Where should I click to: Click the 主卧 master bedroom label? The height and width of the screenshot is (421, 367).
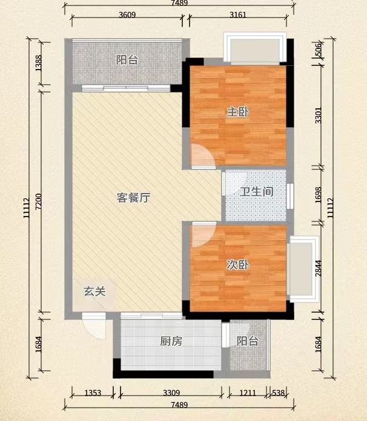coord(237,112)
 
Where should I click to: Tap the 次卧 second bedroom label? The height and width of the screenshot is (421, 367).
coord(237,265)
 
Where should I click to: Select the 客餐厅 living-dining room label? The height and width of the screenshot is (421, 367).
coord(133,198)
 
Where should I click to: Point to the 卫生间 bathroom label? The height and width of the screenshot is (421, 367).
coord(257,192)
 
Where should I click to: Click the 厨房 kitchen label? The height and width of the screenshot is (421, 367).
coord(171,341)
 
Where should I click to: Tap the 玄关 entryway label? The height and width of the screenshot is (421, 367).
coord(94,291)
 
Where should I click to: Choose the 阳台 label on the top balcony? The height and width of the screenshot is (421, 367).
coord(127,60)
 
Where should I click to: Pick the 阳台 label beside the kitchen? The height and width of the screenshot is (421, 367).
coord(248,341)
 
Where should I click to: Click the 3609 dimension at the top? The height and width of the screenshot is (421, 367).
coord(127,15)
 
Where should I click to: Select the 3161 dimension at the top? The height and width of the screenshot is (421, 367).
coord(238,15)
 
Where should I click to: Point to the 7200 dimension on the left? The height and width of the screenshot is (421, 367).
coord(39,201)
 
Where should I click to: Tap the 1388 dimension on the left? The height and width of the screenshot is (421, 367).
coord(39,63)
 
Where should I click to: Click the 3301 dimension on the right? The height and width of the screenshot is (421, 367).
coord(318,115)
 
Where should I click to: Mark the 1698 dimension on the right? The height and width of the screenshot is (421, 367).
coord(318,195)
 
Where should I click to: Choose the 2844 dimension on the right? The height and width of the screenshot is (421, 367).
coord(318,268)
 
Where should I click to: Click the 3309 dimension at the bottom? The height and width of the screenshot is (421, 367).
coord(171,393)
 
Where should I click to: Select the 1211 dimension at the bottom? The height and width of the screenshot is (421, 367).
coord(248,393)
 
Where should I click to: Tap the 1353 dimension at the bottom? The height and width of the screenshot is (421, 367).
coord(93,393)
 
